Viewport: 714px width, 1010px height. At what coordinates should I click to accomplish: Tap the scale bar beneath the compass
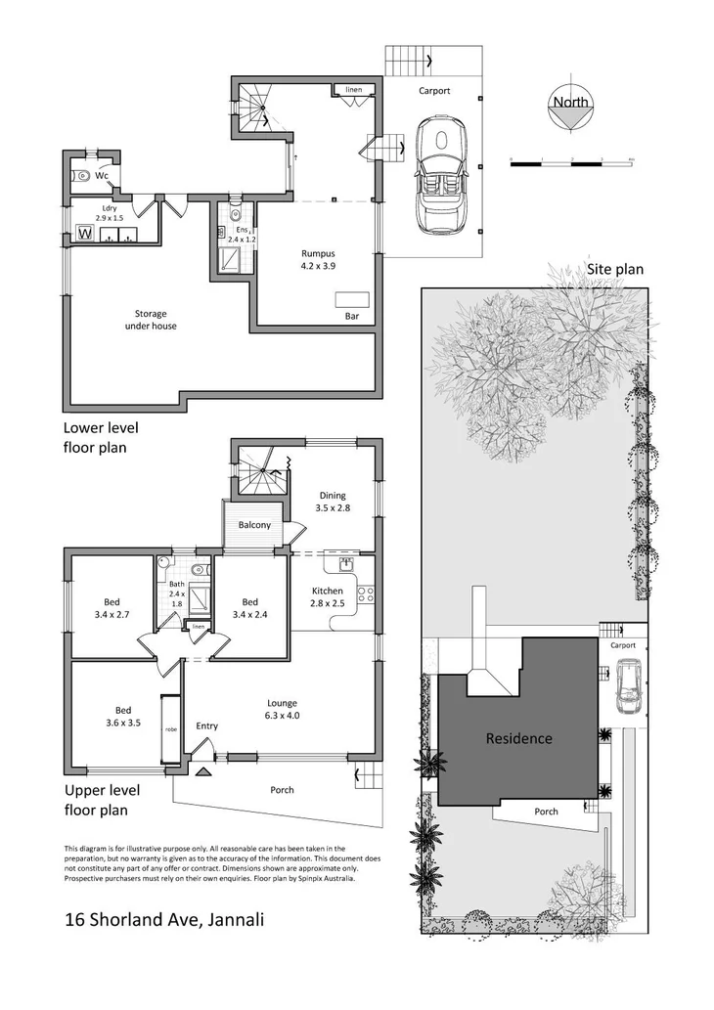pos(572,158)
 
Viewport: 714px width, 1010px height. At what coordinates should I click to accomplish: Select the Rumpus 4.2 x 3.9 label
pos(318,258)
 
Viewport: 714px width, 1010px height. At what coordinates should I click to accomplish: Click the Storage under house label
pos(151,320)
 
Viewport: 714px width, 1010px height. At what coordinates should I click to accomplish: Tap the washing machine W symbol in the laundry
pos(85,235)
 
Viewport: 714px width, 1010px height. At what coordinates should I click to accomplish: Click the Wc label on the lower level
pos(101,176)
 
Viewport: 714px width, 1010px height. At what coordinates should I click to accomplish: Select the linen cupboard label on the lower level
pos(353,90)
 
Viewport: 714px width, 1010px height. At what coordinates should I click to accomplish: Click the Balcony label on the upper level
pos(255,526)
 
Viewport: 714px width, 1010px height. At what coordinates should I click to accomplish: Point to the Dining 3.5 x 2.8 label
pos(334,502)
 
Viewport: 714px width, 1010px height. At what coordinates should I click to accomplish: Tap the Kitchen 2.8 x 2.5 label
pos(327,597)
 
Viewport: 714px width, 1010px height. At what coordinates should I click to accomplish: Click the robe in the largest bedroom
pos(170,729)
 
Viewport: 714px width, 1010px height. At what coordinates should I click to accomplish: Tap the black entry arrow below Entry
pos(203,772)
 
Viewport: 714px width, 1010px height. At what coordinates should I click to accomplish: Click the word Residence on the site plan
pos(518,739)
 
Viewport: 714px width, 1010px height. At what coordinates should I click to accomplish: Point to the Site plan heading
pos(614,269)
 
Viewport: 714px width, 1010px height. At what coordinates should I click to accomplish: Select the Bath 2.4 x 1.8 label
pos(176,593)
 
